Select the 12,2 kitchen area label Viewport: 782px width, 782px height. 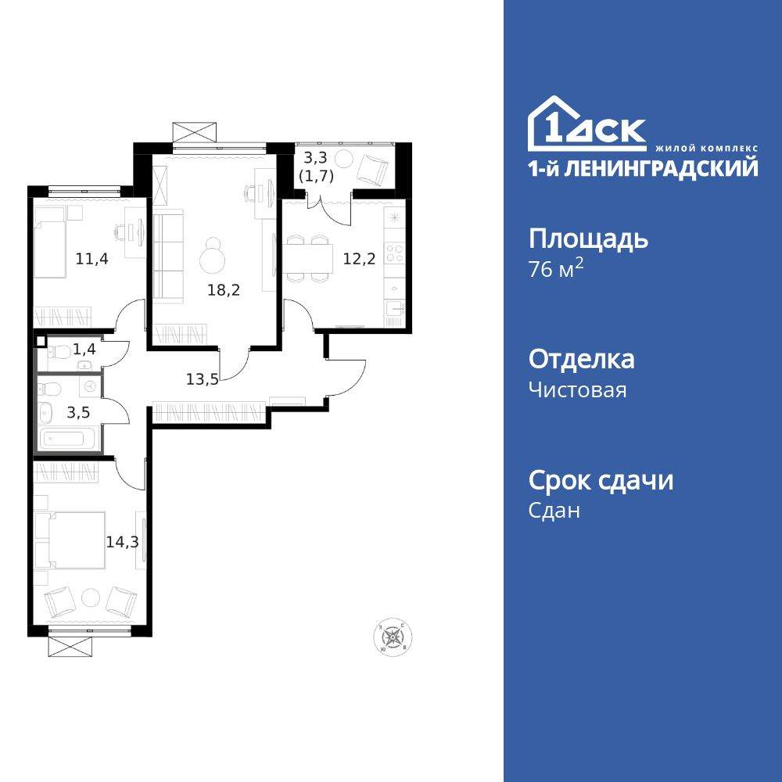tap(359, 259)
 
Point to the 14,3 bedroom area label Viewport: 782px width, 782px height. tap(122, 541)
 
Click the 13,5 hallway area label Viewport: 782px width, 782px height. tap(202, 380)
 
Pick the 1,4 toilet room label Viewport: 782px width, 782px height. tap(84, 349)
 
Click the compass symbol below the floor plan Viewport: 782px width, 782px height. tap(392, 637)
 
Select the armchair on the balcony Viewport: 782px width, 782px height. tap(373, 167)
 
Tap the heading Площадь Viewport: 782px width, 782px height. tap(588, 239)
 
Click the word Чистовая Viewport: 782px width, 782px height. tap(577, 389)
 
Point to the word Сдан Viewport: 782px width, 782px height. tap(554, 511)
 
